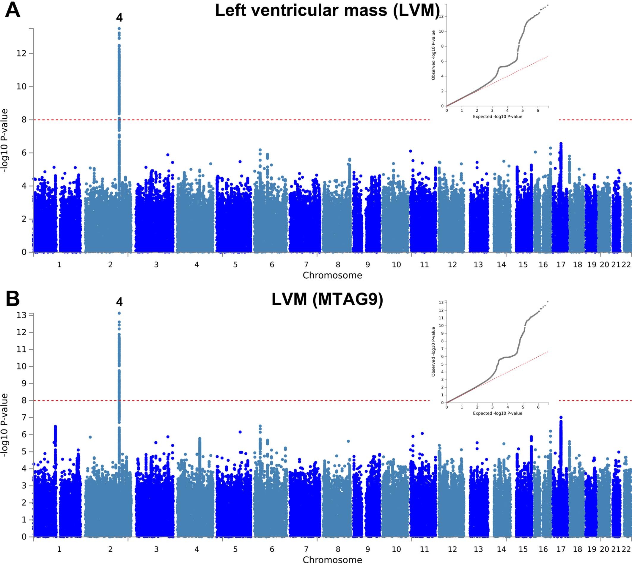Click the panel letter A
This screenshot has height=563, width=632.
click(13, 10)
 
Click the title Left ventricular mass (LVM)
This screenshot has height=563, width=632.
click(327, 10)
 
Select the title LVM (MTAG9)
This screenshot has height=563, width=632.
click(327, 299)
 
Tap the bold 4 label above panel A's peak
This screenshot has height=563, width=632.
click(120, 18)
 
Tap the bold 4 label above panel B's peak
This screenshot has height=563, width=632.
click(120, 302)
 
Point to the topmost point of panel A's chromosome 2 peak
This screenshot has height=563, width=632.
click(119, 29)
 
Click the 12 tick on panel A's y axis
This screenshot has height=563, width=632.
click(21, 54)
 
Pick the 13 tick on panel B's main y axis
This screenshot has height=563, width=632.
click(21, 315)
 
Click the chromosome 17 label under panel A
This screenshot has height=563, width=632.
click(561, 265)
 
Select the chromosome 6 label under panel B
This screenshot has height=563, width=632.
click(272, 549)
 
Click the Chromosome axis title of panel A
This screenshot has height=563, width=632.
click(332, 275)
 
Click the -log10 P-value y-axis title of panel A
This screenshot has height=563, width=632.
click(4, 141)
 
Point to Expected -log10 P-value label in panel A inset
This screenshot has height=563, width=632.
click(497, 117)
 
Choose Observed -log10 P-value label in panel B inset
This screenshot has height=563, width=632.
click(433, 352)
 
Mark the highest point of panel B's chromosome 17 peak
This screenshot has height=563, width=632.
click(561, 417)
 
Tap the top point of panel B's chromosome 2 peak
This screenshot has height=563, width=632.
click(119, 313)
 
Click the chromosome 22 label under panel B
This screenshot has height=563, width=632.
click(626, 549)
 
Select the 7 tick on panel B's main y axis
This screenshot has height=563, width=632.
click(24, 418)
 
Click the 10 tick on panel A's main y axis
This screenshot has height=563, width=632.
click(21, 87)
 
